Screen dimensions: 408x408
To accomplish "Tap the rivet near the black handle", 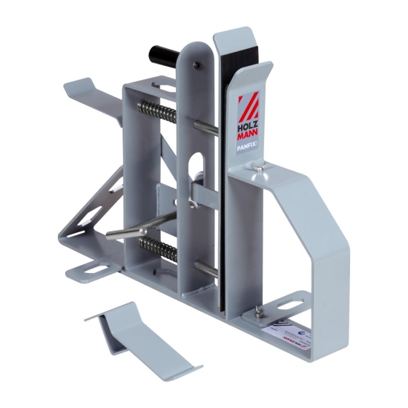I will pos(195,65).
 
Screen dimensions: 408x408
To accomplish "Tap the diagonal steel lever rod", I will pos(138,228).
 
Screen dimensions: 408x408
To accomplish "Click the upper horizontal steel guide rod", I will pos(207,128).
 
